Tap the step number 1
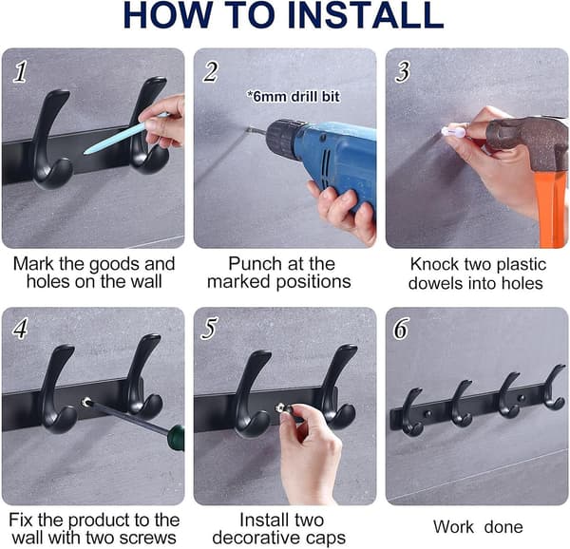(x=20, y=71)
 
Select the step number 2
(x=211, y=71)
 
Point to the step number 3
(x=403, y=71)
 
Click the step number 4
(x=20, y=329)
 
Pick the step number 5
(x=210, y=329)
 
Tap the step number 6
(x=401, y=329)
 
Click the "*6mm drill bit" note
(x=293, y=97)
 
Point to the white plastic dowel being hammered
(x=453, y=131)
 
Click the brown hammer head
(x=529, y=142)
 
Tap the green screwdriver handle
(x=176, y=438)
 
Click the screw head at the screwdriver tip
(x=85, y=402)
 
